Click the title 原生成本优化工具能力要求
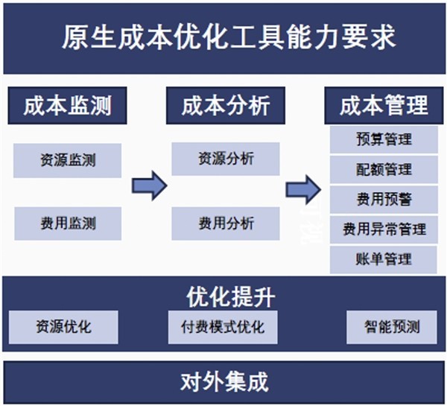[x=229, y=37]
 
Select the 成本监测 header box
[x=67, y=106]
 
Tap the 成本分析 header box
[x=226, y=106]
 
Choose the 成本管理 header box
[x=384, y=106]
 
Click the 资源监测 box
[x=68, y=160]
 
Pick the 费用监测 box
[x=68, y=223]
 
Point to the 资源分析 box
[x=226, y=159]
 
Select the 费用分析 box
[x=226, y=223]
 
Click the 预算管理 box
[x=384, y=139]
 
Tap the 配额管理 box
[x=384, y=169]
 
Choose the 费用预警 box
[x=384, y=200]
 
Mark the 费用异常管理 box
[x=384, y=229]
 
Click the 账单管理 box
[x=384, y=260]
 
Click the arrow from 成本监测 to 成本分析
[x=149, y=185]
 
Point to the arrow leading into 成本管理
[x=303, y=190]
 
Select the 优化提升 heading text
[x=231, y=297]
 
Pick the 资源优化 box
[x=63, y=327]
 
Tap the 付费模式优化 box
[x=223, y=327]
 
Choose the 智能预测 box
[x=392, y=327]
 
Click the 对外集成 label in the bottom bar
[x=224, y=382]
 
